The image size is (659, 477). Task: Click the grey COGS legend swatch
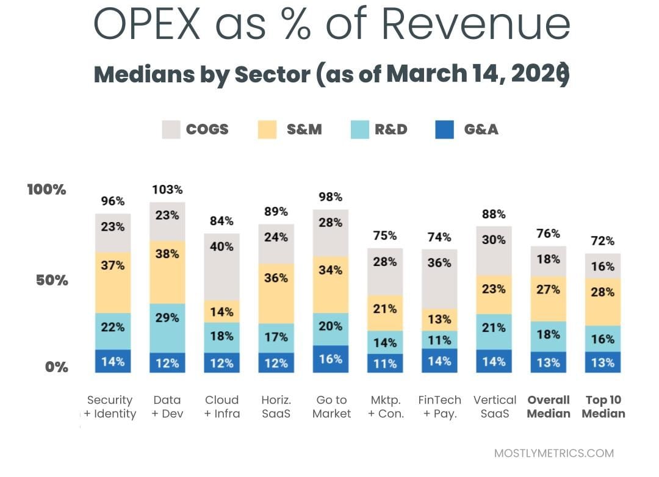[171, 129]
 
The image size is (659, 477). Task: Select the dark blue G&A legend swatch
[444, 129]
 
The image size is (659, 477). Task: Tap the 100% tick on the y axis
[46, 190]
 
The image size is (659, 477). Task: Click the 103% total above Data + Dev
[167, 190]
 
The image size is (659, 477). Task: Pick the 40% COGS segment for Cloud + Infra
[221, 267]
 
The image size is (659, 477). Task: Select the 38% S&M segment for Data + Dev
[167, 272]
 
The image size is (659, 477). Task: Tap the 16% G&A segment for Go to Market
[331, 359]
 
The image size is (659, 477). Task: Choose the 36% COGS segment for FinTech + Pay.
[439, 278]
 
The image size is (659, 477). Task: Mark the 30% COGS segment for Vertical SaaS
[494, 251]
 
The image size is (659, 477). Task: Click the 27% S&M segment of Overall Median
[548, 298]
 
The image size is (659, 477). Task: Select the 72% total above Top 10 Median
[602, 241]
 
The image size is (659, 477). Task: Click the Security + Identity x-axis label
[110, 407]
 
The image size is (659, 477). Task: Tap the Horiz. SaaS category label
[276, 407]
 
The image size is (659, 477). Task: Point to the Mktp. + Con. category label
[386, 407]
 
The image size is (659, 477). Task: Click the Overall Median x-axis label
[548, 407]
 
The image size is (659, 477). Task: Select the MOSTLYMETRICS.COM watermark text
[553, 453]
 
